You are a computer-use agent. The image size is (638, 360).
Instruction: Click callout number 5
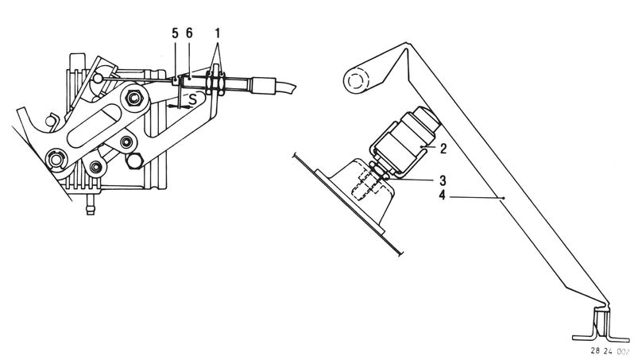175,33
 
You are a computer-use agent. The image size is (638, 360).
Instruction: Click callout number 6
189,33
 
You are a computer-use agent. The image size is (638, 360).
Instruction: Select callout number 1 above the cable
218,33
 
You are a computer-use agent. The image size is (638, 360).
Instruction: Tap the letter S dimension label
192,99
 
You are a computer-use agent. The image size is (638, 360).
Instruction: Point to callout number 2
443,149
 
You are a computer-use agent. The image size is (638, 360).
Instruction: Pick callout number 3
443,180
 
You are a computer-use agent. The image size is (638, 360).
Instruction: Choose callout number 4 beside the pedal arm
443,195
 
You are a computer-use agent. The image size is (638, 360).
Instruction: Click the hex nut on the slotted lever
133,99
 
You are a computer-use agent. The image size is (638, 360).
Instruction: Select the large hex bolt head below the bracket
133,161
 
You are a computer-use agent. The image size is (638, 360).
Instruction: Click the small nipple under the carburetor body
90,204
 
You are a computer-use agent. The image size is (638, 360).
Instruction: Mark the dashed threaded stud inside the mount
367,183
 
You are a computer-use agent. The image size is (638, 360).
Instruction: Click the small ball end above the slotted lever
98,77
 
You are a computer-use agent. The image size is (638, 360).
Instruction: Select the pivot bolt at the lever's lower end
56,160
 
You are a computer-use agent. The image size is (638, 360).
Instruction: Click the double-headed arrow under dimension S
180,106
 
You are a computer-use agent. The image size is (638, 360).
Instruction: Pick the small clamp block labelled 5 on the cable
176,80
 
